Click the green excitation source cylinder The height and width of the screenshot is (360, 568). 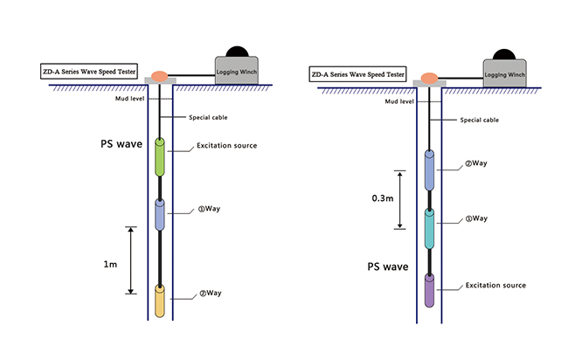point(160,155)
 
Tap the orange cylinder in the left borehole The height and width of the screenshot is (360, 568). point(160,300)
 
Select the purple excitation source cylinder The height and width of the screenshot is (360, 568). point(429,289)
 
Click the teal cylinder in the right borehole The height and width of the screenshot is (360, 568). point(429,225)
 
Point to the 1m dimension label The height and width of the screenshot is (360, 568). point(110,262)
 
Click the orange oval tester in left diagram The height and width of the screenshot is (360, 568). point(160,76)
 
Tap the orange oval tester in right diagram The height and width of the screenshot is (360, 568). point(428,78)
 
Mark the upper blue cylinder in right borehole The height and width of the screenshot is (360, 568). point(429,169)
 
